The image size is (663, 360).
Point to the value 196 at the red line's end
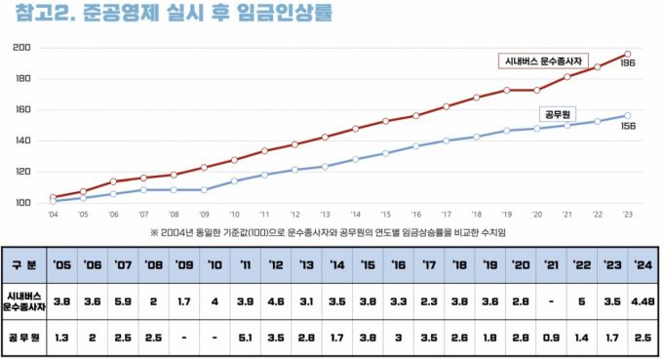628,62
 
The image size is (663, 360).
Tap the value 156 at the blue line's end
628,124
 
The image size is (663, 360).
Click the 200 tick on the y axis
20,47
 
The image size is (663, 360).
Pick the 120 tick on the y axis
20,172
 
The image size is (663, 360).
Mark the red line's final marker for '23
627,54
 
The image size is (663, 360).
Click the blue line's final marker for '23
627,115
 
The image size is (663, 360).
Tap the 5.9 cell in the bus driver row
123,301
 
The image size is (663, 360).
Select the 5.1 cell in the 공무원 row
245,338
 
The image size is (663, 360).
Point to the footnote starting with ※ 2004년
331,232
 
